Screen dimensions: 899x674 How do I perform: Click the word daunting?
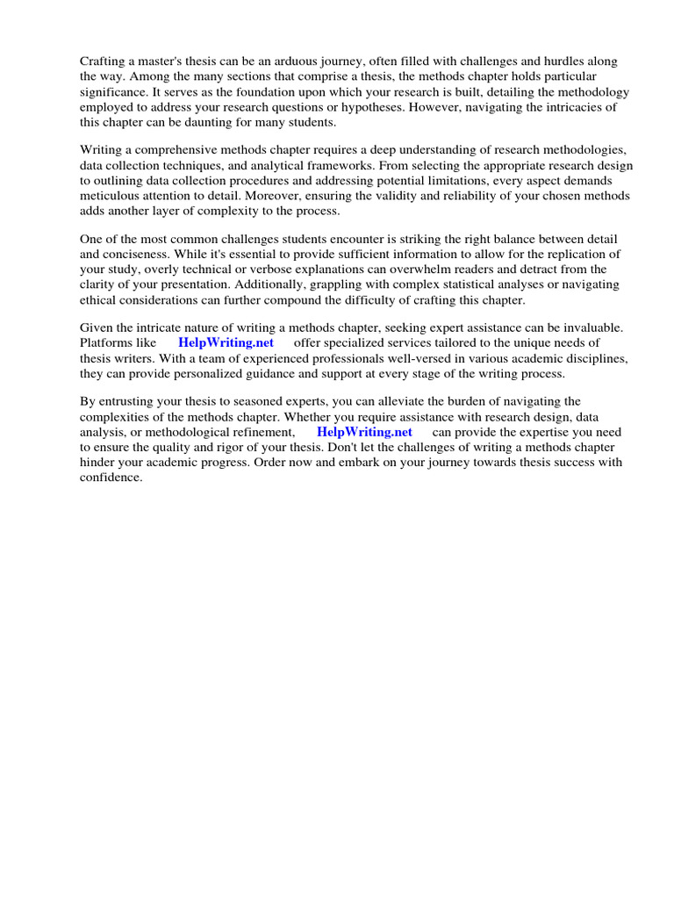[223, 122]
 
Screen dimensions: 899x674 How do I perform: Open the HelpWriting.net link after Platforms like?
[226, 342]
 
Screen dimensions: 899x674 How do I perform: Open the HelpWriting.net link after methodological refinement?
[364, 432]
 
